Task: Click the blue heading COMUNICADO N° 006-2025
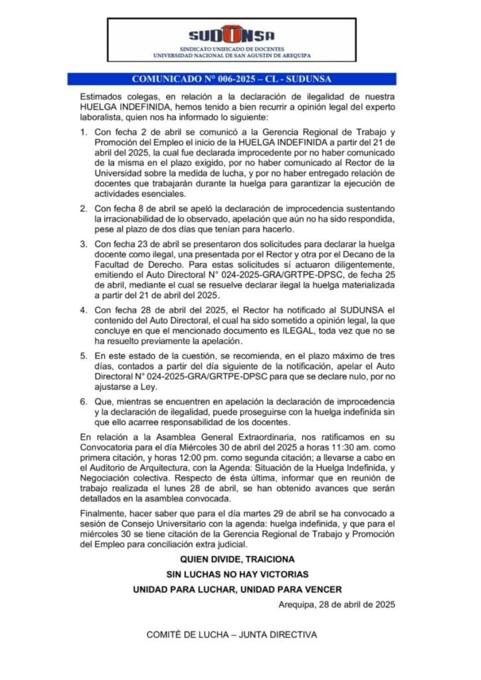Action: point(241,79)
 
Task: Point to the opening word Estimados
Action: point(101,96)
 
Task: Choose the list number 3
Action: point(83,244)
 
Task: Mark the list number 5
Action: point(83,356)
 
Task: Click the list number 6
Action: point(83,402)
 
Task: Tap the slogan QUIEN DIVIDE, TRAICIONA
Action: point(240,559)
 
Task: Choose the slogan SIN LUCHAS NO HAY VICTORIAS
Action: point(240,573)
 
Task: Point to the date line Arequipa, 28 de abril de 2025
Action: point(337,604)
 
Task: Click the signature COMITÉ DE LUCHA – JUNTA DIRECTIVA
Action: point(232,634)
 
